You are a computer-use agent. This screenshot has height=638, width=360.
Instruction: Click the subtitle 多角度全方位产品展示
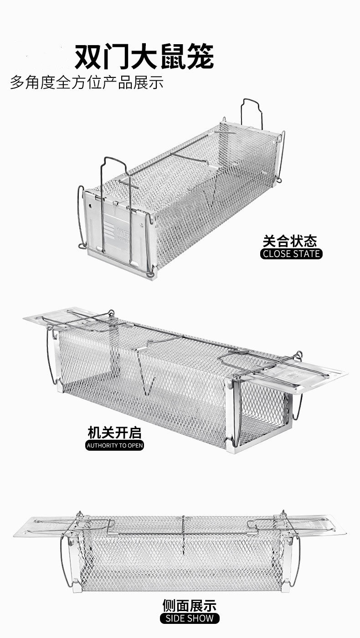click(x=87, y=82)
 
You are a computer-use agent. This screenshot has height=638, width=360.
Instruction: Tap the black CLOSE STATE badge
click(x=292, y=254)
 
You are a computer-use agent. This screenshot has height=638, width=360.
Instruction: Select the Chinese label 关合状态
click(x=290, y=241)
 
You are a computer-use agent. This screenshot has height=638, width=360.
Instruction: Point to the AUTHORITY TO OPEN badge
click(x=114, y=445)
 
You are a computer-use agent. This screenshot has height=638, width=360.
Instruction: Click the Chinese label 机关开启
click(x=114, y=432)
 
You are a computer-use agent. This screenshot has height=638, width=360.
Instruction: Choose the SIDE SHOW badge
click(x=190, y=618)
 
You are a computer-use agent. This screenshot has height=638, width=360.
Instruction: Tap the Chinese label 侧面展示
click(x=190, y=605)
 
